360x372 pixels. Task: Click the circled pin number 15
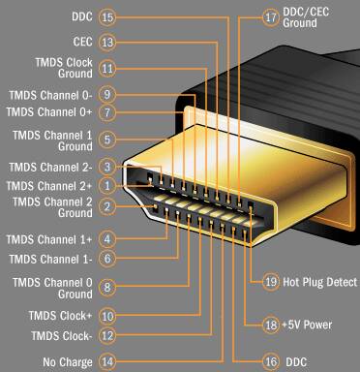pos(107,16)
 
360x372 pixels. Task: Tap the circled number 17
pos(270,17)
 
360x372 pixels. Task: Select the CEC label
pos(82,42)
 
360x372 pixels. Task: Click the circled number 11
pos(107,69)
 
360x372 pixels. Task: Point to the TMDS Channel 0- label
pos(50,95)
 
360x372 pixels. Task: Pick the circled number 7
pos(107,112)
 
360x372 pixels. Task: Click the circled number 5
pos(107,139)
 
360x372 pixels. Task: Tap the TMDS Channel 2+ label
pos(49,186)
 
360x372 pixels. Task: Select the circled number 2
pos(107,206)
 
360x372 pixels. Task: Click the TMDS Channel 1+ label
pos(49,239)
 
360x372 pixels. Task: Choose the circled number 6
pos(107,259)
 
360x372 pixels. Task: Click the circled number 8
pos(107,287)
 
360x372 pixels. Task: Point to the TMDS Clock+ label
pos(60,316)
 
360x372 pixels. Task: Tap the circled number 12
pos(107,335)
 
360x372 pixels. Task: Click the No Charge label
pos(68,362)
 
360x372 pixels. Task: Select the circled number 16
pos(270,361)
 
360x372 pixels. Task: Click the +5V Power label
pos(307,325)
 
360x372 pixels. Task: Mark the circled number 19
pos(270,282)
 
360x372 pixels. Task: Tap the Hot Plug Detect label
pos(320,282)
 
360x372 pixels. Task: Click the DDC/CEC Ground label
pos(306,17)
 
